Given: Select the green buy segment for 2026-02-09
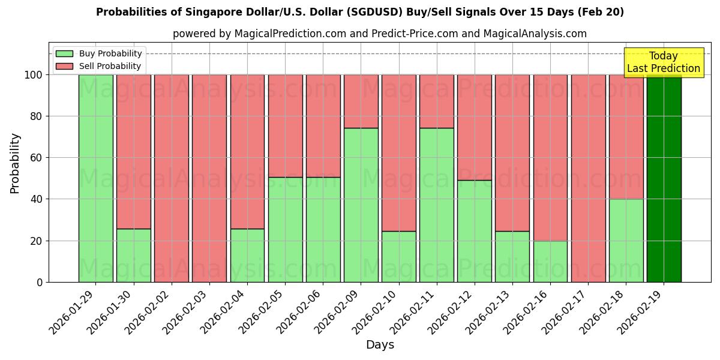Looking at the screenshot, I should click(361, 205).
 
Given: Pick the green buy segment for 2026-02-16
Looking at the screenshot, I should click(550, 261).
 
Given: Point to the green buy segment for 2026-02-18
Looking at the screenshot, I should click(626, 240).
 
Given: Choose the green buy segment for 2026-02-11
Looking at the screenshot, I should click(436, 205).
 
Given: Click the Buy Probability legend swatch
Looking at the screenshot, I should click(64, 53).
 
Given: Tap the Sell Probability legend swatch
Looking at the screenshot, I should click(64, 66).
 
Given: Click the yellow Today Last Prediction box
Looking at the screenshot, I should click(664, 62).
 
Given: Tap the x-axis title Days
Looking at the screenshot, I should click(380, 345).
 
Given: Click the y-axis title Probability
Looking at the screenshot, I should click(15, 163).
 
